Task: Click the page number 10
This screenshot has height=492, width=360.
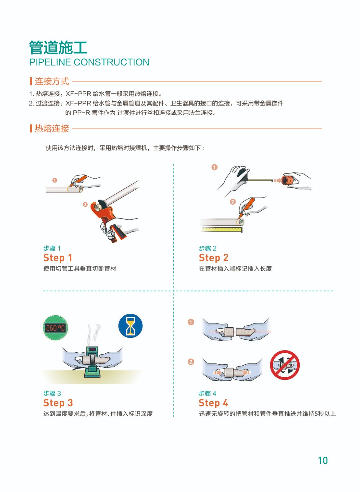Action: pos(323,460)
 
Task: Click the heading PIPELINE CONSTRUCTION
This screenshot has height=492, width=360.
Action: pos(89,62)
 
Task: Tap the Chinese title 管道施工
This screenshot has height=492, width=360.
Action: pos(58,47)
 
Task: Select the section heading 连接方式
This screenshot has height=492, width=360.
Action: pos(52,81)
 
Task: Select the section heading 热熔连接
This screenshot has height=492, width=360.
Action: pos(52,129)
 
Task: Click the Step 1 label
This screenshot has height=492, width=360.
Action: pos(58,258)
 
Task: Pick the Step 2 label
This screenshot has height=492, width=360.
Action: pos(213,258)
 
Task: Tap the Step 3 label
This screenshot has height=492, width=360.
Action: pos(58,403)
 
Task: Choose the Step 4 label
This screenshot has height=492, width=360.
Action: pos(213,403)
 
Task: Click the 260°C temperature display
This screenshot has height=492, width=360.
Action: pos(55,328)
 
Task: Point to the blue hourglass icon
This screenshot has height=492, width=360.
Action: pos(130,326)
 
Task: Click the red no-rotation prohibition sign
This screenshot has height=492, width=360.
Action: pos(285,365)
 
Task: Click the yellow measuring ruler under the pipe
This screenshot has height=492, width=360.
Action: pos(221,230)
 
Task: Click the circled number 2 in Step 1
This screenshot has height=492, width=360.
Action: pos(85,205)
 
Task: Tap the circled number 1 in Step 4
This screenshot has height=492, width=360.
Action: pos(191,322)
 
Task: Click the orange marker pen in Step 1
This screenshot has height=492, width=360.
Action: pos(78,181)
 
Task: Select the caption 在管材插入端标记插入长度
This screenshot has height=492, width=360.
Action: pos(235,268)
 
